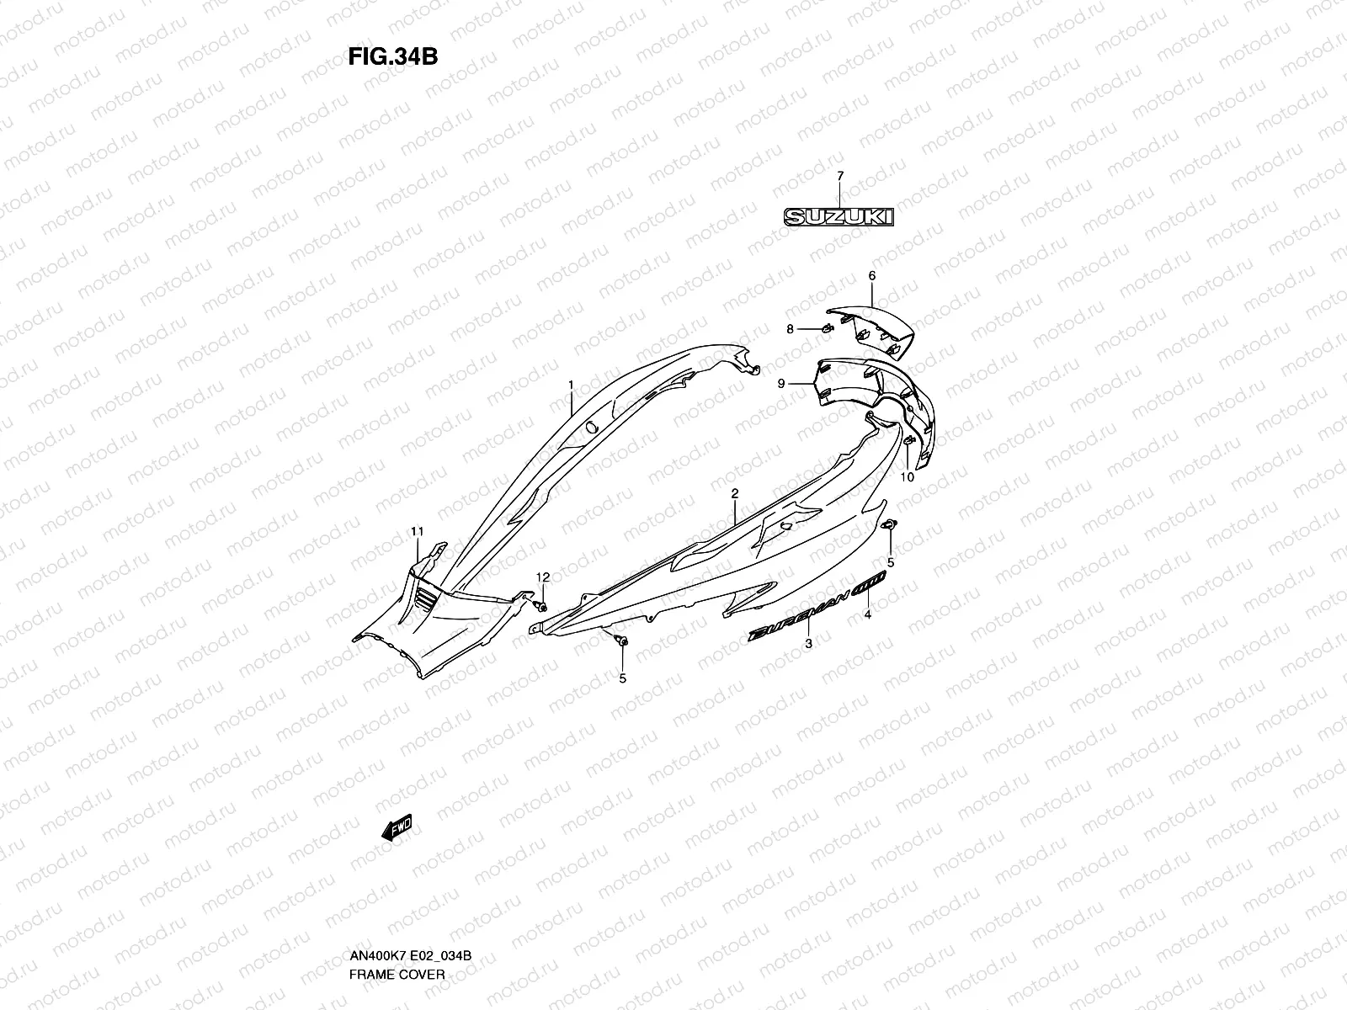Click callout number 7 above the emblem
(839, 175)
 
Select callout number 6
(871, 275)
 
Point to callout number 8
(790, 329)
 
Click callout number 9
(780, 384)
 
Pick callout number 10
(907, 477)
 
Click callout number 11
(418, 530)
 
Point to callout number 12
(543, 577)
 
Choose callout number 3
(808, 644)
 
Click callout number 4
(867, 615)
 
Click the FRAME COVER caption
(397, 974)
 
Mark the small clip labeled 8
(825, 327)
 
